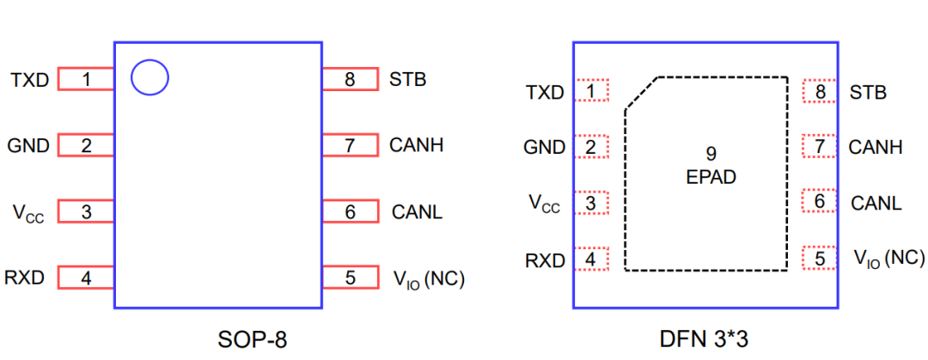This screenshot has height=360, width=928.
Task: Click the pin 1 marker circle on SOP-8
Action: click(150, 78)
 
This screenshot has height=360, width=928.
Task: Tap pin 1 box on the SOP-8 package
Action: click(86, 80)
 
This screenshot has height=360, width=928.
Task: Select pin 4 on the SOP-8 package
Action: click(86, 278)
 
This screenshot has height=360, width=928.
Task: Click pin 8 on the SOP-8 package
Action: click(350, 80)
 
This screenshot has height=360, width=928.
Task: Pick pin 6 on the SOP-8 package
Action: click(350, 211)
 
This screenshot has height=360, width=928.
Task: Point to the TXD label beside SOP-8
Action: click(30, 81)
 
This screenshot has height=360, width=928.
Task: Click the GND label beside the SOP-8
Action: click(28, 146)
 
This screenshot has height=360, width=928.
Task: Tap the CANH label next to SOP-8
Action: click(416, 145)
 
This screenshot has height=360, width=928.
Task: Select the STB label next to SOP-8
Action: click(407, 80)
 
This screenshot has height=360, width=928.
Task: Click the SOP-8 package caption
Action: click(251, 339)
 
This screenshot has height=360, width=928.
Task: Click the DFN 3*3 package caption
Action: click(706, 339)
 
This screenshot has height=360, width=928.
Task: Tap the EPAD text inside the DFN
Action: click(711, 178)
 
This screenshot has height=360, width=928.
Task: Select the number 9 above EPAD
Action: click(711, 155)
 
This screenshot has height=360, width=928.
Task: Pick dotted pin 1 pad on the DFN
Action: click(590, 90)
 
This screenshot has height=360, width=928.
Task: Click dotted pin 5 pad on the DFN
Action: click(820, 258)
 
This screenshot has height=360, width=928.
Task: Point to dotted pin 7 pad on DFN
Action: click(820, 147)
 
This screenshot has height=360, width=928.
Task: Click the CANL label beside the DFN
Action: click(876, 204)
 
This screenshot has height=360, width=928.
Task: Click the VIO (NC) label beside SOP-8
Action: click(428, 278)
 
